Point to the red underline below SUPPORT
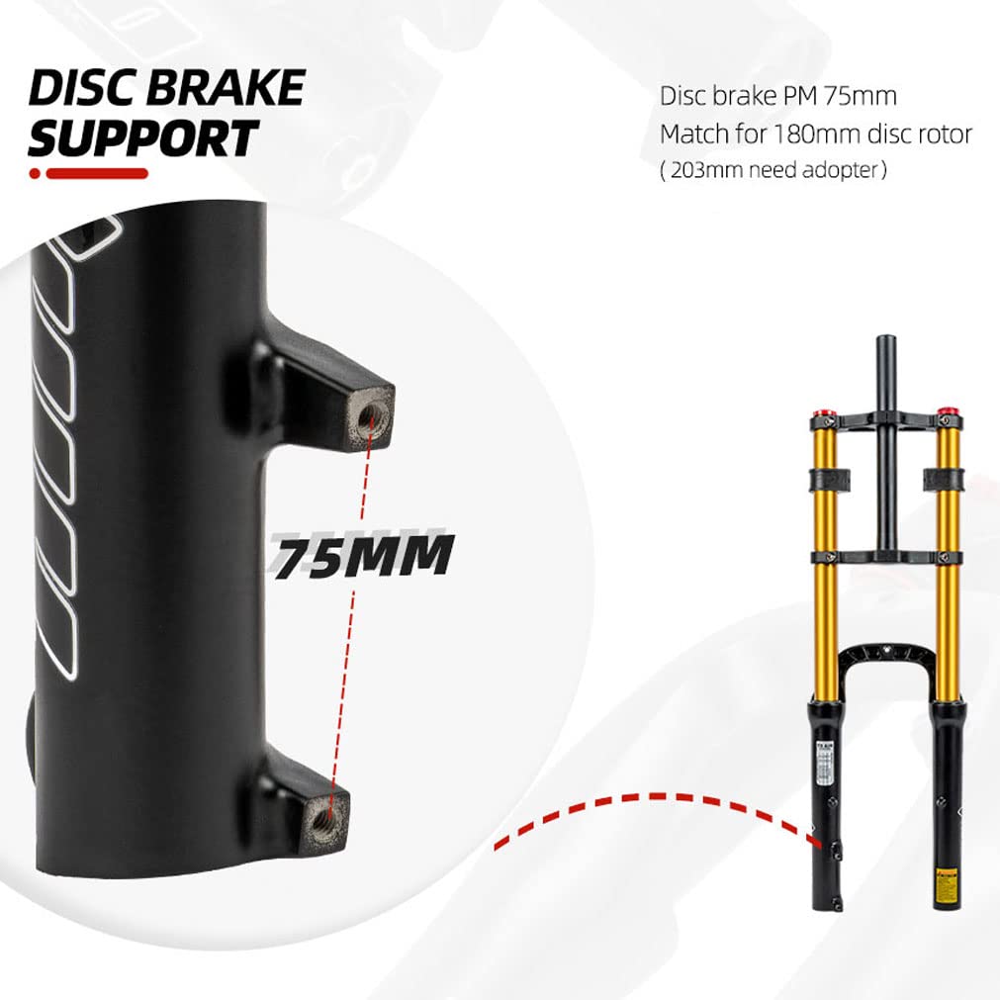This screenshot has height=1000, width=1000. point(89,173)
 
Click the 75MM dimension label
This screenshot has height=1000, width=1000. point(363,556)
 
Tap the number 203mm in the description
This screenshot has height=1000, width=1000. point(701,169)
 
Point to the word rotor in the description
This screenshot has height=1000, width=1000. point(946,133)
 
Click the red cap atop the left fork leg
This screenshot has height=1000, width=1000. point(820,413)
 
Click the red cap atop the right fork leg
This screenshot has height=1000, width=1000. point(948,412)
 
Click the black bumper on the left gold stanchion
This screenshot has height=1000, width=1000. point(826,479)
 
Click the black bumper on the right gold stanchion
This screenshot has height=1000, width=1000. point(943,479)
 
